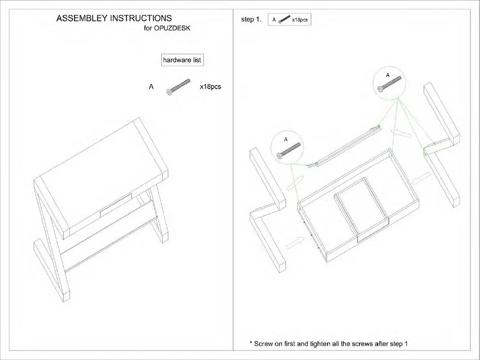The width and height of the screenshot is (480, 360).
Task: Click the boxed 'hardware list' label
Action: click(182, 60)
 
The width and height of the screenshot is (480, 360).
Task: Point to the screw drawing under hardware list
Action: click(179, 87)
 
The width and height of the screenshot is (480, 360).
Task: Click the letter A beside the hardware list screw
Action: click(151, 87)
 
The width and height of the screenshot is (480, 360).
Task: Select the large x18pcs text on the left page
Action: click(210, 87)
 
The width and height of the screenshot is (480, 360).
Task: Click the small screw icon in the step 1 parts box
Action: click(285, 20)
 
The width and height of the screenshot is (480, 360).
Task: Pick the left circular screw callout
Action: click(286, 148)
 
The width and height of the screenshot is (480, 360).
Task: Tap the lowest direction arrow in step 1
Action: click(294, 242)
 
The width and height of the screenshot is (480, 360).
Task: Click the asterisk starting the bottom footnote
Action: click(251, 344)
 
